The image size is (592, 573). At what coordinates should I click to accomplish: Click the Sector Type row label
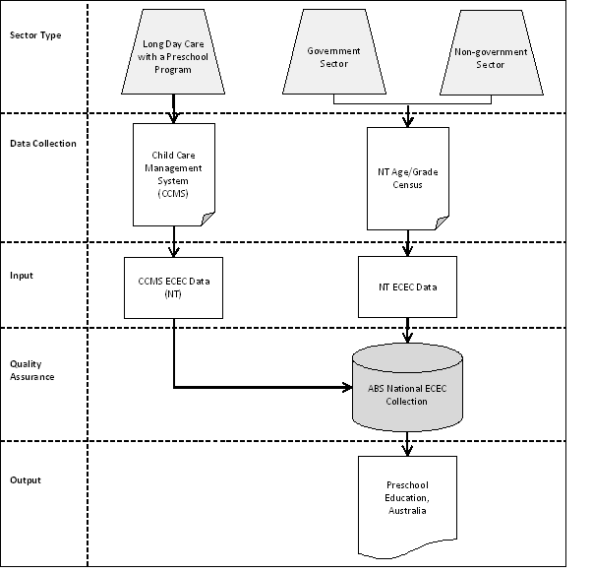(x=35, y=36)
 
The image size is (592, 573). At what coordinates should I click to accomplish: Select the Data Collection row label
(x=42, y=144)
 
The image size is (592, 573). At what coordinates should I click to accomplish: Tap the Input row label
(x=22, y=276)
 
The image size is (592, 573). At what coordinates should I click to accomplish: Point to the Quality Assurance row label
(x=31, y=369)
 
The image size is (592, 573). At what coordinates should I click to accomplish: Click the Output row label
(x=26, y=480)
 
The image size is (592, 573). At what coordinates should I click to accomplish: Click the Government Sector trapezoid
(x=334, y=56)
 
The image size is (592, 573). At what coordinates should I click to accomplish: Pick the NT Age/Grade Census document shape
(x=406, y=178)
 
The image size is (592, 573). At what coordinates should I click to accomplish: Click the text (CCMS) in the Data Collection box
(x=174, y=193)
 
